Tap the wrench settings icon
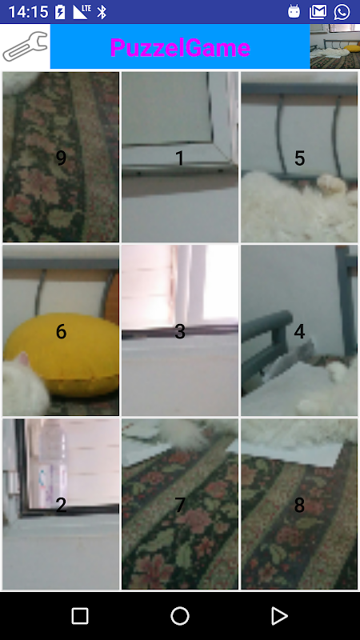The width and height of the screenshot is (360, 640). coord(26,46)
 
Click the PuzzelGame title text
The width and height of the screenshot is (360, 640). coord(180,48)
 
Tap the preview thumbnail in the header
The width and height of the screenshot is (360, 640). coord(334,46)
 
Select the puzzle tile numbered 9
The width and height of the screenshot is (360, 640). coord(61,157)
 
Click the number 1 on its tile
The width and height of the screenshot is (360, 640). coord(179,158)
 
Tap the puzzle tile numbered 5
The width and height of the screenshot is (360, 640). coord(299,157)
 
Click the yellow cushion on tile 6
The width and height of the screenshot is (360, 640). coord(66,354)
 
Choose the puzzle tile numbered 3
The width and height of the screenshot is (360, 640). coord(180,330)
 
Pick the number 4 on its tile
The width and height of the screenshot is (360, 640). coord(299,332)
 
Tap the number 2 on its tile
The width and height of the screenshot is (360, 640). coord(61,506)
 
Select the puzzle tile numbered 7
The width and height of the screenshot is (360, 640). coord(180,504)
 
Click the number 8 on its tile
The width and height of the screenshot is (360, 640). coord(299,506)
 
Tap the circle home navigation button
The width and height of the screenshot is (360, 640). coord(180,616)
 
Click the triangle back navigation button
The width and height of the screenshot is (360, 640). coord(279,616)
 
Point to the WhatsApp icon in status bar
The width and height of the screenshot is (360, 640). coord(342,12)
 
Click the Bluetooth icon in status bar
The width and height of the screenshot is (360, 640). coord(102,12)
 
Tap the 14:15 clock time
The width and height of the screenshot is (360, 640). coord(29,12)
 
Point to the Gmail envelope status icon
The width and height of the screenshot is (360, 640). coord(318,12)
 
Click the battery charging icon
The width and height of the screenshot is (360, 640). coord(60,12)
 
